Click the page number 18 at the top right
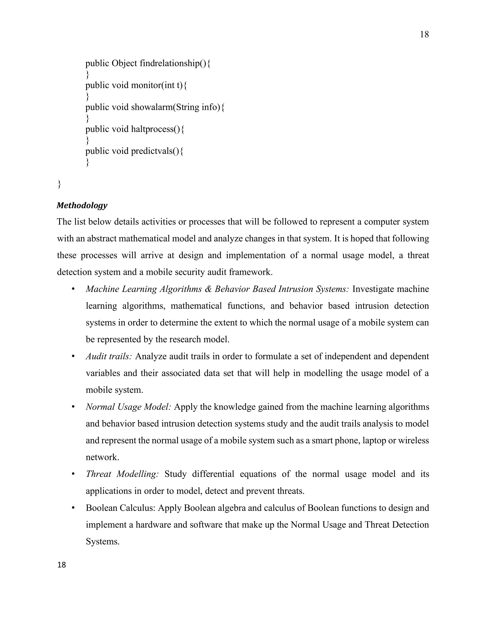[424, 35]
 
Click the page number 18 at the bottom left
[62, 565]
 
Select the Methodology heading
[82, 205]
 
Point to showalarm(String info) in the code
[175, 107]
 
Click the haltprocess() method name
[155, 129]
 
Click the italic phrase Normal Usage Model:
[128, 407]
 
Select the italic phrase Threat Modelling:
[122, 474]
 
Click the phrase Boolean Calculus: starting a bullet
[121, 507]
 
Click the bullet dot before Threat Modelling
[73, 474]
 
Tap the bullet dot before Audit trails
[73, 356]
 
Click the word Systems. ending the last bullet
[103, 541]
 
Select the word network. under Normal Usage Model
[102, 457]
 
